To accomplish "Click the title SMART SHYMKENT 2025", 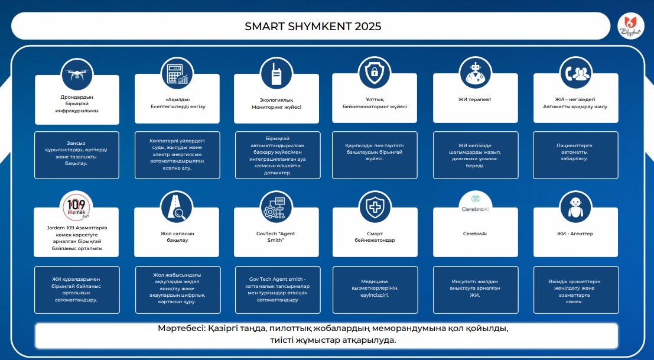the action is (x=313, y=26).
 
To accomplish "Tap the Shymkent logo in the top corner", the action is (x=630, y=26).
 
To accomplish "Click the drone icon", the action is (x=77, y=74).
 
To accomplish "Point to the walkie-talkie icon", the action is (x=276, y=73).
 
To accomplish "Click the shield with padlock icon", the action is (x=375, y=73).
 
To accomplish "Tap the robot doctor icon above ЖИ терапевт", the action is (x=475, y=73).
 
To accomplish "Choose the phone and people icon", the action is (x=575, y=73).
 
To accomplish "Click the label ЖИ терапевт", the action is (x=474, y=100).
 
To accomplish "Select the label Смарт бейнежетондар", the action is (x=375, y=237).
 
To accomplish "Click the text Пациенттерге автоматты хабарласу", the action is (x=574, y=152).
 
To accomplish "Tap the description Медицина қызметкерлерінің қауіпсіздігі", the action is (x=375, y=288).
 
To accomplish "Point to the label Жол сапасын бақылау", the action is (x=177, y=237).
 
